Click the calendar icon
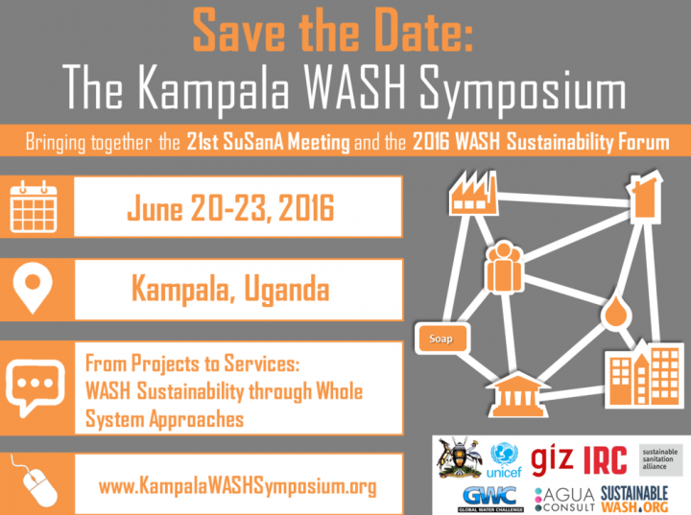point(34,206)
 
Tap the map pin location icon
point(33,288)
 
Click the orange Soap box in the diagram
point(442,339)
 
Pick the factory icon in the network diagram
point(473,194)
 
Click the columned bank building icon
point(517,395)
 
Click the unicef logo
point(504,460)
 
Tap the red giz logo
point(552,460)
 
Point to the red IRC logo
point(605,460)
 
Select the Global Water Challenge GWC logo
point(490,499)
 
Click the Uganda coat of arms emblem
point(460,457)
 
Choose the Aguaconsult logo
point(564,500)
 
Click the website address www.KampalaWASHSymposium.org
point(238,486)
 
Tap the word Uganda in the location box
point(286,290)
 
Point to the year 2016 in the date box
point(306,207)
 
